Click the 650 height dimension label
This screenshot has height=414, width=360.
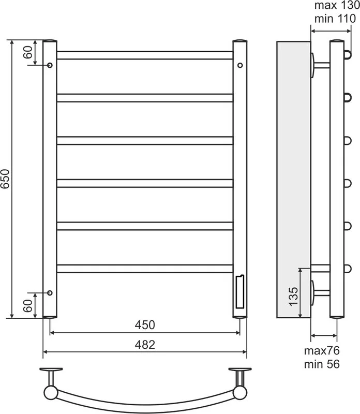pyautogui.click(x=5, y=179)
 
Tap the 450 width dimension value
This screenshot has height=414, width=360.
pyautogui.click(x=145, y=325)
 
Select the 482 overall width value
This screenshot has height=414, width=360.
pyautogui.click(x=145, y=345)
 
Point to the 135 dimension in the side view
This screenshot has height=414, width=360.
pyautogui.click(x=293, y=296)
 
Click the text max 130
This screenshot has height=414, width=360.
pyautogui.click(x=337, y=5)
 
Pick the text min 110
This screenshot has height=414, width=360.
pyautogui.click(x=335, y=19)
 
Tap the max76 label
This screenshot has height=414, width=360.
pyautogui.click(x=322, y=351)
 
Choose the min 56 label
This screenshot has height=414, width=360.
pyautogui.click(x=322, y=364)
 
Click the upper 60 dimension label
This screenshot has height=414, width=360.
pyautogui.click(x=28, y=52)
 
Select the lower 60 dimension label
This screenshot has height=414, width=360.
pyautogui.click(x=28, y=306)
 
